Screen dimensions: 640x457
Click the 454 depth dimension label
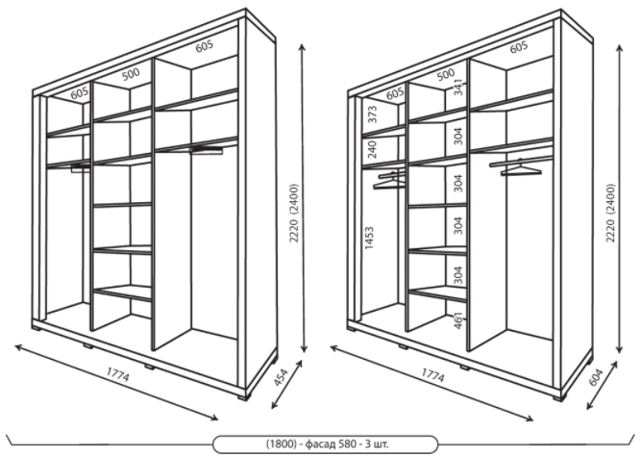281,377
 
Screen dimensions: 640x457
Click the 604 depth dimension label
597,377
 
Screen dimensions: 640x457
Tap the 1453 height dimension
369,238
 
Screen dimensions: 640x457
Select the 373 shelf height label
372,114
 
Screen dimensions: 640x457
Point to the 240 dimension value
372,150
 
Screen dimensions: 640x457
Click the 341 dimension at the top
458,87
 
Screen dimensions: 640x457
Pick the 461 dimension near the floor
459,320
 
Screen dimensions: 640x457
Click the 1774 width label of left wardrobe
118,374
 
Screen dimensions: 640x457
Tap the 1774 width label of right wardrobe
432,375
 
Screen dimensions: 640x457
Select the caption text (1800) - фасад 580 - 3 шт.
326,444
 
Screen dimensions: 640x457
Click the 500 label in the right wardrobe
445,74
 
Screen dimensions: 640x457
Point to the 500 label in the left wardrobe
131,74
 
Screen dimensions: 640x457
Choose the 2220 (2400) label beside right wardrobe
610,213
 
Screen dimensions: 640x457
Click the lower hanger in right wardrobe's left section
389,184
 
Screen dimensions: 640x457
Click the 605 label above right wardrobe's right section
519,47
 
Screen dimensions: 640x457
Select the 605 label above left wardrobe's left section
80,93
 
